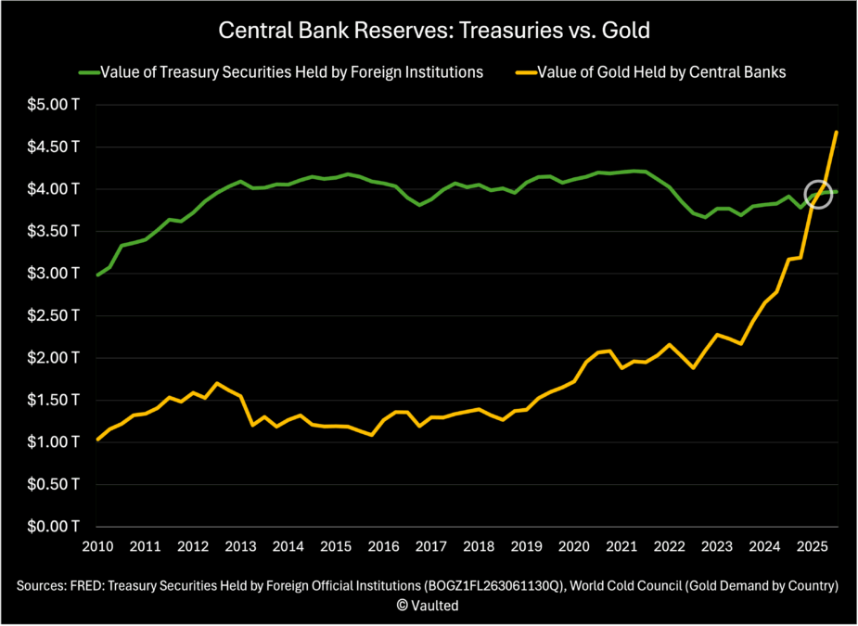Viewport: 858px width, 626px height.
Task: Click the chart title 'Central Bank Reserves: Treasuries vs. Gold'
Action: point(433,31)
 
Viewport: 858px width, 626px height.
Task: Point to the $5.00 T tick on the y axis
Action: point(52,105)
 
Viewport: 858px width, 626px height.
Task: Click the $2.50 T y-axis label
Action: point(52,315)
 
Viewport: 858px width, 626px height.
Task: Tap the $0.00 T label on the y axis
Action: point(52,527)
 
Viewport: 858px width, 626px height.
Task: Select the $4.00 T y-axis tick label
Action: point(52,189)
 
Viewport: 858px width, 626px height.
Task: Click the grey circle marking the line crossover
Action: point(819,194)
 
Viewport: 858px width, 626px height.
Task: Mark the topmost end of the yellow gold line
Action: point(837,132)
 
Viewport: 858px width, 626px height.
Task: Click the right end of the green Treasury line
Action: point(837,192)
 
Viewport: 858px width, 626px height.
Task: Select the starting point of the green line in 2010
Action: point(98,275)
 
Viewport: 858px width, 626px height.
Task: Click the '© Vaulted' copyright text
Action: point(429,605)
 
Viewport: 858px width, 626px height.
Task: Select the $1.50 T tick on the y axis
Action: point(52,400)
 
